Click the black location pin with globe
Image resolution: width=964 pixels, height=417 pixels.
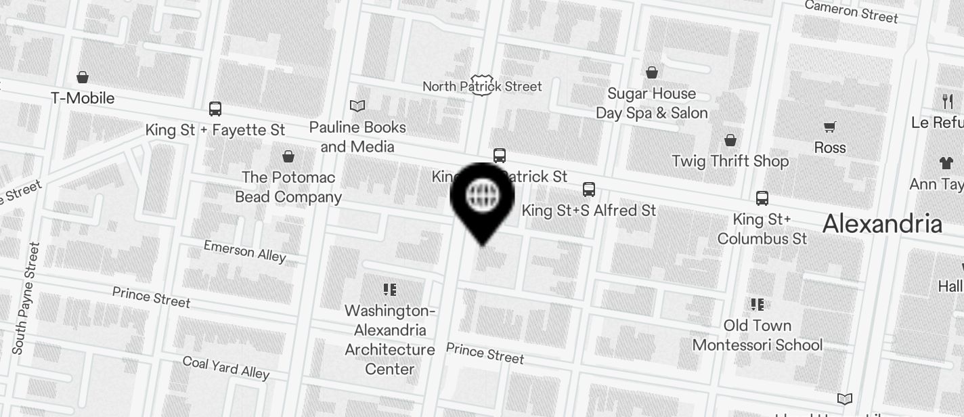point(483,197)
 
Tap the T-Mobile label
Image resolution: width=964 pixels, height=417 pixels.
point(83,98)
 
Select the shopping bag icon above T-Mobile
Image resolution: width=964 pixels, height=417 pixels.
point(83,77)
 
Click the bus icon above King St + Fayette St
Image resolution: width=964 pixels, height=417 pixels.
point(215,109)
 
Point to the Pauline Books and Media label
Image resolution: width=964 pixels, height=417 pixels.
point(357,137)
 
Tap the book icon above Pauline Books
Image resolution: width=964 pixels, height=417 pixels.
point(357,106)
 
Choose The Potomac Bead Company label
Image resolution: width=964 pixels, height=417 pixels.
point(288,187)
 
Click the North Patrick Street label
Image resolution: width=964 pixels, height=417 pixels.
point(482,87)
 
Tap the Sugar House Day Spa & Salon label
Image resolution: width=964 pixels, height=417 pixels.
point(651,103)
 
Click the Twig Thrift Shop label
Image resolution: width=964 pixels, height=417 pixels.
point(730,161)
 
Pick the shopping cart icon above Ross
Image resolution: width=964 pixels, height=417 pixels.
point(829,127)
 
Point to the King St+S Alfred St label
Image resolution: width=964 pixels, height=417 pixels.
point(588,211)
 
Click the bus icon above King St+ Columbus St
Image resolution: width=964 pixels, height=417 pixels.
point(762,198)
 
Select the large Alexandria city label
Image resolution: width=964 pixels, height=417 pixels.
point(882,224)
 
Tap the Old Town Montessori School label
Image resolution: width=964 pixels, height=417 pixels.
point(757,335)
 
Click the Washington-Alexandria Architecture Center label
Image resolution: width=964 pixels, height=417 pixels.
point(389,340)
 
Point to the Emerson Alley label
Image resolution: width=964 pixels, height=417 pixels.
point(245,250)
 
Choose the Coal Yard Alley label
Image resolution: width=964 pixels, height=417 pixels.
point(226,367)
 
